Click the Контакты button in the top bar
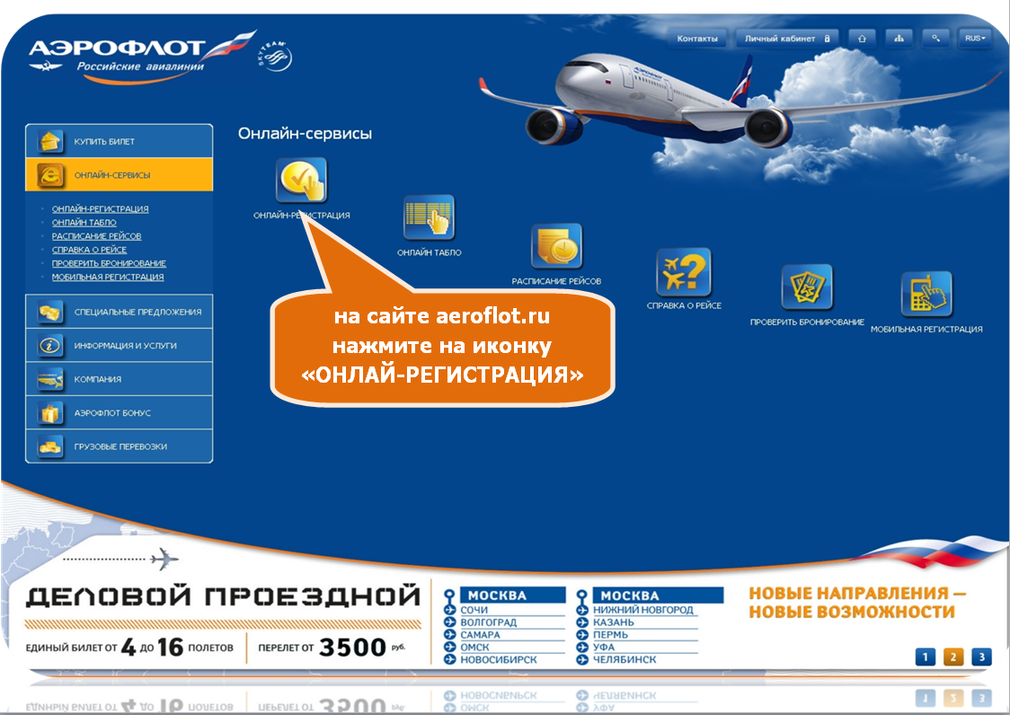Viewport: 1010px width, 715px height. [x=697, y=39]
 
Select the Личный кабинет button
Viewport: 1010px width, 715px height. [x=787, y=39]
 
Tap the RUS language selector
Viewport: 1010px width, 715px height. [x=975, y=39]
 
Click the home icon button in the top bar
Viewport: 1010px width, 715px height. [x=862, y=39]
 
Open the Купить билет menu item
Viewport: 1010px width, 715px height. [x=120, y=141]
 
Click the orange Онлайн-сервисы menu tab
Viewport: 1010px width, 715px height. [x=120, y=174]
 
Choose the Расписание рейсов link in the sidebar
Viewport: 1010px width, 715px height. [x=97, y=235]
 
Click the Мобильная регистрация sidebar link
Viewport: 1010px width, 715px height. [x=108, y=277]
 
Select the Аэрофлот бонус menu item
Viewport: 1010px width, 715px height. [x=120, y=412]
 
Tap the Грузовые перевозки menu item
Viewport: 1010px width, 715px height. [x=120, y=446]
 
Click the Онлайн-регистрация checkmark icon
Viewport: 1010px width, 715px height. [x=301, y=180]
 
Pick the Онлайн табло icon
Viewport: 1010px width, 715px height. [x=429, y=217]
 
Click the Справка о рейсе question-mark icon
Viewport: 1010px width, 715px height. [x=684, y=272]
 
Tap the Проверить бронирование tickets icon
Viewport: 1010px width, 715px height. [x=806, y=287]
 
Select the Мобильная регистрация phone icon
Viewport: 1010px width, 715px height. [x=926, y=295]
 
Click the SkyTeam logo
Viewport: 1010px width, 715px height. [x=275, y=56]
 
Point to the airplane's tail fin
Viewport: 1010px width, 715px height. [x=743, y=79]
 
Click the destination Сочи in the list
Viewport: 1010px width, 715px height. [x=474, y=610]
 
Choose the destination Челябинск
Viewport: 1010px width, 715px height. [x=625, y=659]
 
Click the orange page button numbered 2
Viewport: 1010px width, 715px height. [x=953, y=657]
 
